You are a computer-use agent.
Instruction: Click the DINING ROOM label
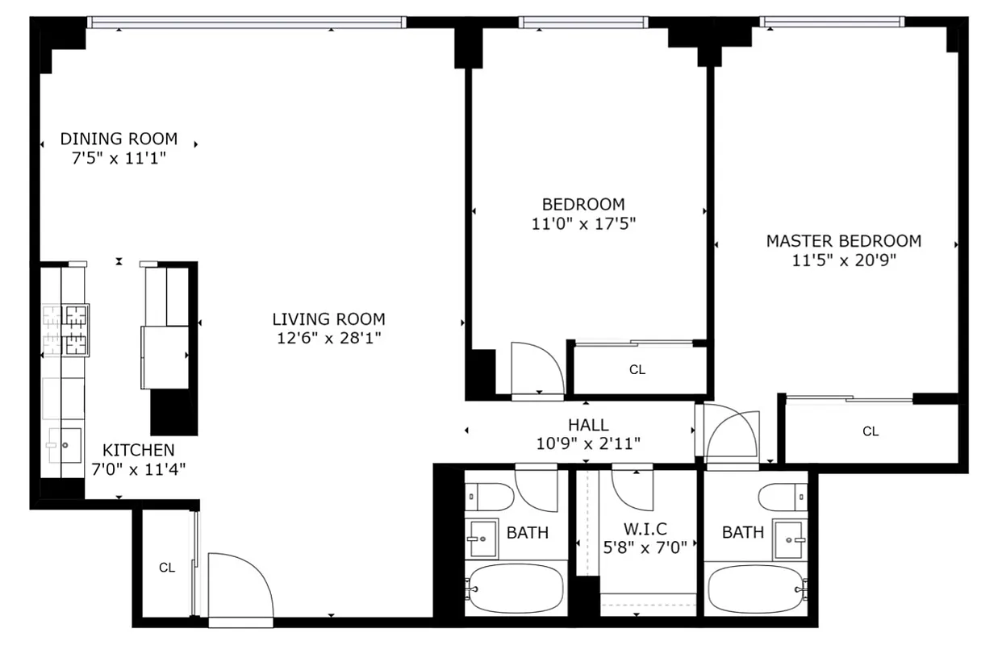pyautogui.click(x=119, y=139)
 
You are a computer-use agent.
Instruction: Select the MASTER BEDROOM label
pyautogui.click(x=843, y=240)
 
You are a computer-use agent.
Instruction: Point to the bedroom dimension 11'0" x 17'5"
pyautogui.click(x=583, y=224)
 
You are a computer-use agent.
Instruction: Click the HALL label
pyautogui.click(x=588, y=425)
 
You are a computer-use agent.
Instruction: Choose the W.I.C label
pyautogui.click(x=645, y=529)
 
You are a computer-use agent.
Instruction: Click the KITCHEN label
pyautogui.click(x=138, y=450)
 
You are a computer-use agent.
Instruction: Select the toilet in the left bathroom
pyautogui.click(x=490, y=496)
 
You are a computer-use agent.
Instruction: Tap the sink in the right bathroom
pyautogui.click(x=789, y=538)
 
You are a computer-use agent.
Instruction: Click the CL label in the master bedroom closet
pyautogui.click(x=871, y=431)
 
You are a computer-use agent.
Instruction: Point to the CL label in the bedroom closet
pyautogui.click(x=637, y=370)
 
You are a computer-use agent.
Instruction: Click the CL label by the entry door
pyautogui.click(x=166, y=568)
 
